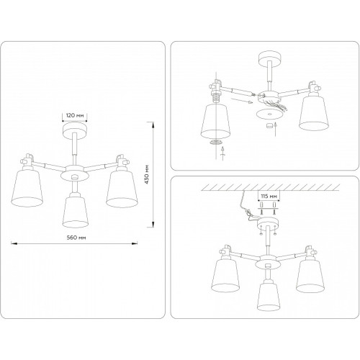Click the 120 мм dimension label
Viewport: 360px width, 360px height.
[x=75, y=115]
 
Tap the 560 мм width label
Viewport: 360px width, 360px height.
[x=76, y=238]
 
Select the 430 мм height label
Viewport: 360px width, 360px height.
[x=147, y=174]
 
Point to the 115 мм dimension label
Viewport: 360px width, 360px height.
[x=269, y=196]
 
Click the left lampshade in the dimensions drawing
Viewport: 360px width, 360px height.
[x=27, y=188]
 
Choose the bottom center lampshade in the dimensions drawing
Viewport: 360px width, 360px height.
[x=76, y=210]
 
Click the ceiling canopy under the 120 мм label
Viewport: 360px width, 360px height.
[x=75, y=131]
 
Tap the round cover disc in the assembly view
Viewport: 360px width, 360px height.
[x=269, y=114]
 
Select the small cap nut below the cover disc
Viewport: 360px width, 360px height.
[x=269, y=125]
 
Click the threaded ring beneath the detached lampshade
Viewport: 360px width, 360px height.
[x=215, y=142]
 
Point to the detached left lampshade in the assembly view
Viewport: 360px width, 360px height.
[x=215, y=122]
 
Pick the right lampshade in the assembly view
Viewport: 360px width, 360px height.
[x=314, y=113]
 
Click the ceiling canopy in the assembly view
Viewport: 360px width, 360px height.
[x=270, y=58]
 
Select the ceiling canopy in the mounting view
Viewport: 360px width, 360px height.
[x=268, y=223]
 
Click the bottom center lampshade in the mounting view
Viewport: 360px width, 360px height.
[x=269, y=294]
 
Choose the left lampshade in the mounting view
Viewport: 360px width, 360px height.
[x=225, y=276]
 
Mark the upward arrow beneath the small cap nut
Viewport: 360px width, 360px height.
[x=276, y=129]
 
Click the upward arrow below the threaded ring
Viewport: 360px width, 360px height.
[x=222, y=153]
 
